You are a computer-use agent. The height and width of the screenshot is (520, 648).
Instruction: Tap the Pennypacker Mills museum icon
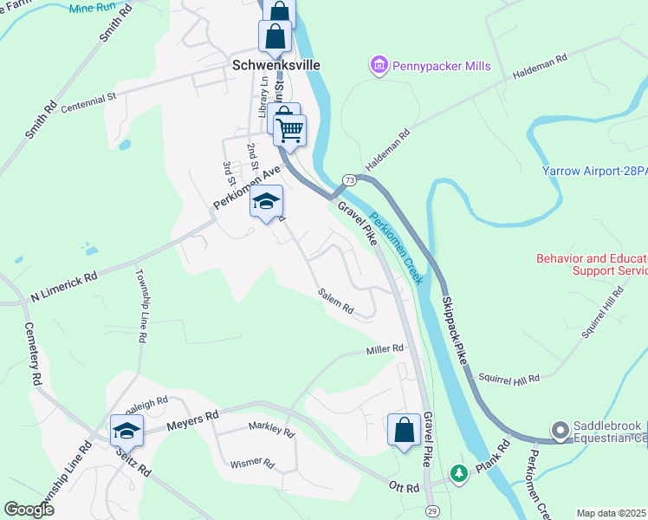378,65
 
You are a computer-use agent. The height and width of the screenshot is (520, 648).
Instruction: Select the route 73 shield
349,179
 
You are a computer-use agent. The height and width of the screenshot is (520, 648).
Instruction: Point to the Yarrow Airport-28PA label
595,172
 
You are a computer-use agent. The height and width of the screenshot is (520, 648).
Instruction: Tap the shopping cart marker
290,130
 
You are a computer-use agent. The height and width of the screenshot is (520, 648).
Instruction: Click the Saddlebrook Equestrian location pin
560,429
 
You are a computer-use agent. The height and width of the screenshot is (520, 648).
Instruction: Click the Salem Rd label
336,302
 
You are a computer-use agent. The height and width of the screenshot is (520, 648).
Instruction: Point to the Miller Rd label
385,349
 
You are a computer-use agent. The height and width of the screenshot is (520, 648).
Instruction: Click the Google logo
29,510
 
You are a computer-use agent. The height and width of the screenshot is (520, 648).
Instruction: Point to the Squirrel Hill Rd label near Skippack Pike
509,378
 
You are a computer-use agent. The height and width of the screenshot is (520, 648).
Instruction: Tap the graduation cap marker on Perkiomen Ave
267,202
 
